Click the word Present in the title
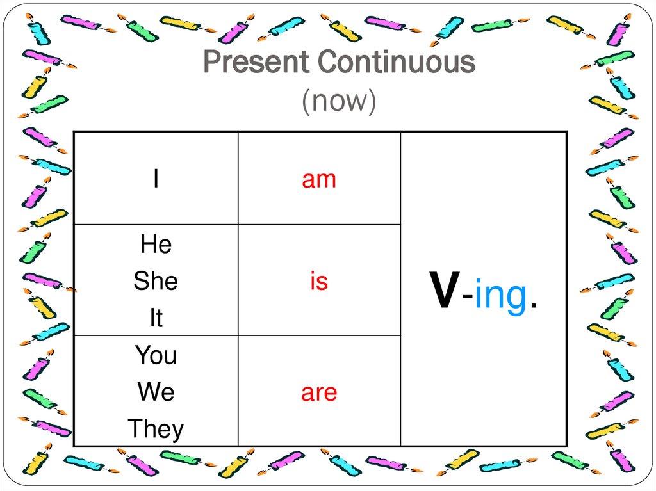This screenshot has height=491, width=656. pos(257,63)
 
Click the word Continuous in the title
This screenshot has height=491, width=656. pos(397,63)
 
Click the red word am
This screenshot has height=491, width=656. pos(319,180)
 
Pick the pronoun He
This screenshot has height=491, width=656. pos(156,245)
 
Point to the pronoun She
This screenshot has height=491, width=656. pos(156,282)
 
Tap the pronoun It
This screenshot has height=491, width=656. pos(156,318)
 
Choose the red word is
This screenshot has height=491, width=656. pos(319,282)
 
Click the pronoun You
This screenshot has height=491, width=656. pos(156,355)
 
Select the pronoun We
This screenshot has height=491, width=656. pos(156,392)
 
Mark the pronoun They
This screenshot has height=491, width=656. pos(156,429)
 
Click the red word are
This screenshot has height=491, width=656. pos(319,392)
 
